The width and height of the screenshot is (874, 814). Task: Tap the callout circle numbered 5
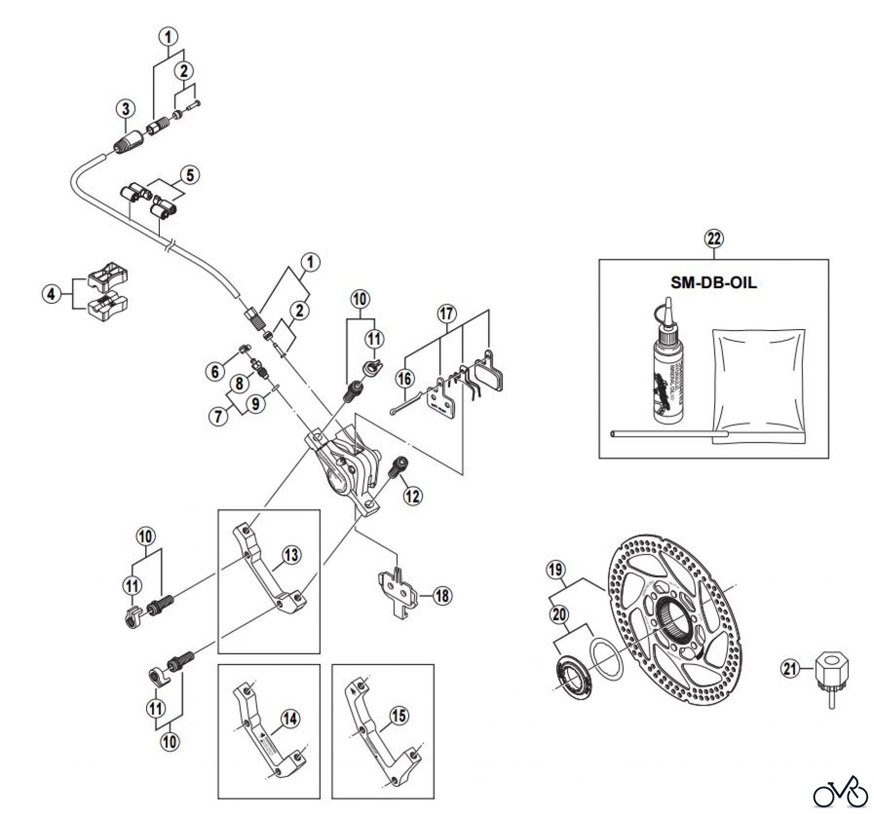click(190, 175)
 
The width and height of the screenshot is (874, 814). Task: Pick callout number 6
click(215, 372)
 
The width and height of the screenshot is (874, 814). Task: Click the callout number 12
click(413, 496)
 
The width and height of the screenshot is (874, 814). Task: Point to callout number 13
click(291, 555)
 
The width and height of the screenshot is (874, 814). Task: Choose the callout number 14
click(290, 719)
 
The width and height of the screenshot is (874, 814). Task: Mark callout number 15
click(399, 716)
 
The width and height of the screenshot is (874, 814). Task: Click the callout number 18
click(442, 596)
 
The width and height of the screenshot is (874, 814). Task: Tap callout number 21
click(790, 669)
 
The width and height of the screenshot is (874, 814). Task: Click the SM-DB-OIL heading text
click(713, 282)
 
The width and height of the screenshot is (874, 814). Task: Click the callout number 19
click(556, 569)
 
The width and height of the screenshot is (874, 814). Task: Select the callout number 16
click(405, 379)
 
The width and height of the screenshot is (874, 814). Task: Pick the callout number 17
click(447, 314)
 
